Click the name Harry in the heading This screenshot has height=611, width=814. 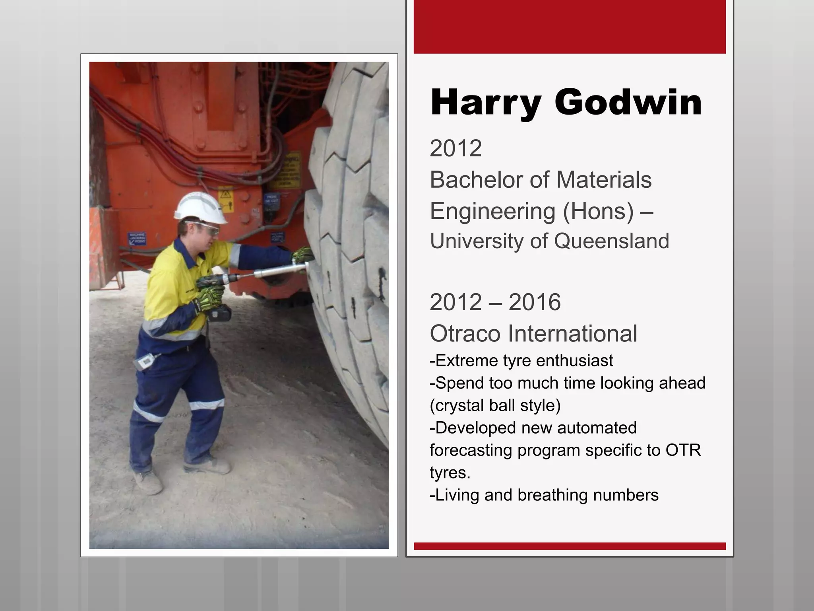(485, 103)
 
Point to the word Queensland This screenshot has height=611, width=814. (611, 241)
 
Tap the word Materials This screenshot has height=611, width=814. (604, 179)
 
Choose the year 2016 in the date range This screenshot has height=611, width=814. (534, 302)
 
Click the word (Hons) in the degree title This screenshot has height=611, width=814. (598, 211)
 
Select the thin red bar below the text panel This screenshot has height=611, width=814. (570, 546)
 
